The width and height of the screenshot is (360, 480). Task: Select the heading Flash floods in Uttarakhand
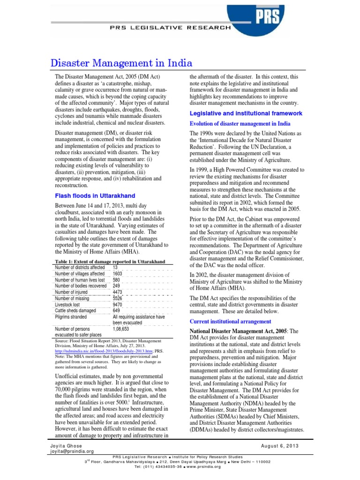click(95, 195)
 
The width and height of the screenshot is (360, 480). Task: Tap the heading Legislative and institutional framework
click(246, 113)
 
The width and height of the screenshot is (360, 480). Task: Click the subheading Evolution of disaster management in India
click(240, 124)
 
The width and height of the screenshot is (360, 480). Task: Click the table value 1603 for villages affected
click(118, 274)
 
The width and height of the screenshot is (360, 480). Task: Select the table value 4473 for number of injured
click(118, 292)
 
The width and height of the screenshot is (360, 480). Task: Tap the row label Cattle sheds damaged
click(75, 310)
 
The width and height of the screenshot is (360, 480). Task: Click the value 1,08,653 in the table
click(122, 329)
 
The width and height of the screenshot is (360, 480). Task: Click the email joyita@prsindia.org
click(72, 451)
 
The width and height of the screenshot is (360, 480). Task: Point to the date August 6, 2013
click(280, 445)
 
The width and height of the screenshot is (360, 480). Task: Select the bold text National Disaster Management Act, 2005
click(239, 331)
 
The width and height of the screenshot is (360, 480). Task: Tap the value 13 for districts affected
click(115, 268)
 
